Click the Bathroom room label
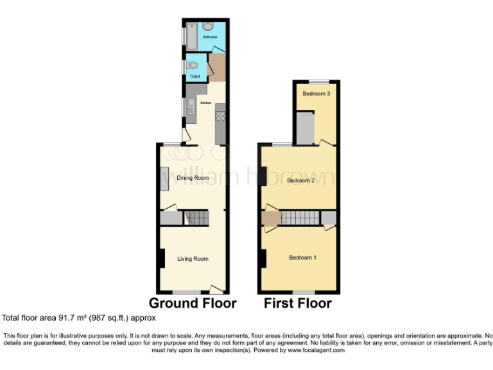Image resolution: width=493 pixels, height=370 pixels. pos(210,37)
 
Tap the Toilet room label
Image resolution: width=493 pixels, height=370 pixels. pos(195,76)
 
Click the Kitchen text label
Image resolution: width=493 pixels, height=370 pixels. pos(205,102)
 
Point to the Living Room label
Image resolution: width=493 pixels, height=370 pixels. pos(193,259)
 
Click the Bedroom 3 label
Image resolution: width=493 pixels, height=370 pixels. pos(316,94)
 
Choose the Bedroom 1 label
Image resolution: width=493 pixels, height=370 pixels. pos(302,258)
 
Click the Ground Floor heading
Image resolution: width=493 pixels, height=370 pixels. pos(193,303)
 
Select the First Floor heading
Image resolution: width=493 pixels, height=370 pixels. pos(298,303)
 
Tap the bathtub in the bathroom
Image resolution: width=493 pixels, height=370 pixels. pos(191,36)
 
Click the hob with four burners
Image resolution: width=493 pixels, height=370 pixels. pos(220,117)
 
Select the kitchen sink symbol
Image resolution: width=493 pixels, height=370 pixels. pos(191,107)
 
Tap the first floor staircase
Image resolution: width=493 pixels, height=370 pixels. pos(300,218)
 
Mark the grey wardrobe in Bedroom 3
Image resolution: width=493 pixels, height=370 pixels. pos(305,127)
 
